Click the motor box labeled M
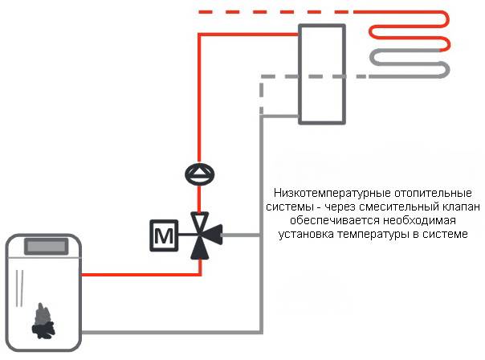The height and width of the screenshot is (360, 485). [x=163, y=235]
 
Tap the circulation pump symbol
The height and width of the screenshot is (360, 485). [x=198, y=172]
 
